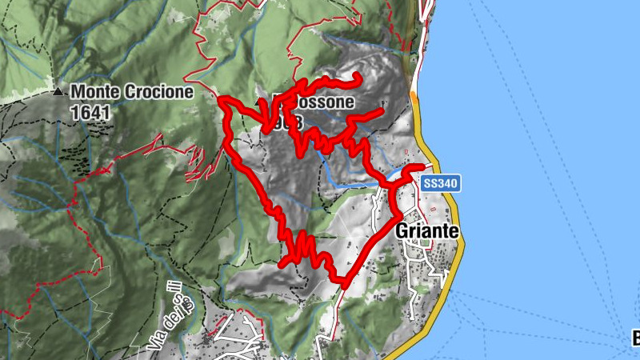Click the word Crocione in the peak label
coord(158,92)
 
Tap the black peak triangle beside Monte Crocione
coord(58,92)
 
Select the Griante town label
coord(428,230)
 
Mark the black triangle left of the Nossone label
coord(258,104)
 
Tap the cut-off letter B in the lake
coord(634,339)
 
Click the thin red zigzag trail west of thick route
coord(196,164)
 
